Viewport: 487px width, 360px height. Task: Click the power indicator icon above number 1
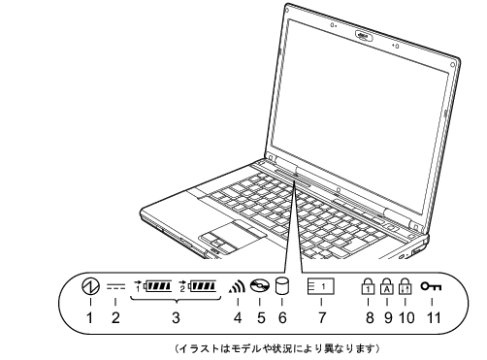point(89,288)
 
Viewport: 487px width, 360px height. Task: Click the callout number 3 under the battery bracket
point(175,316)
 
